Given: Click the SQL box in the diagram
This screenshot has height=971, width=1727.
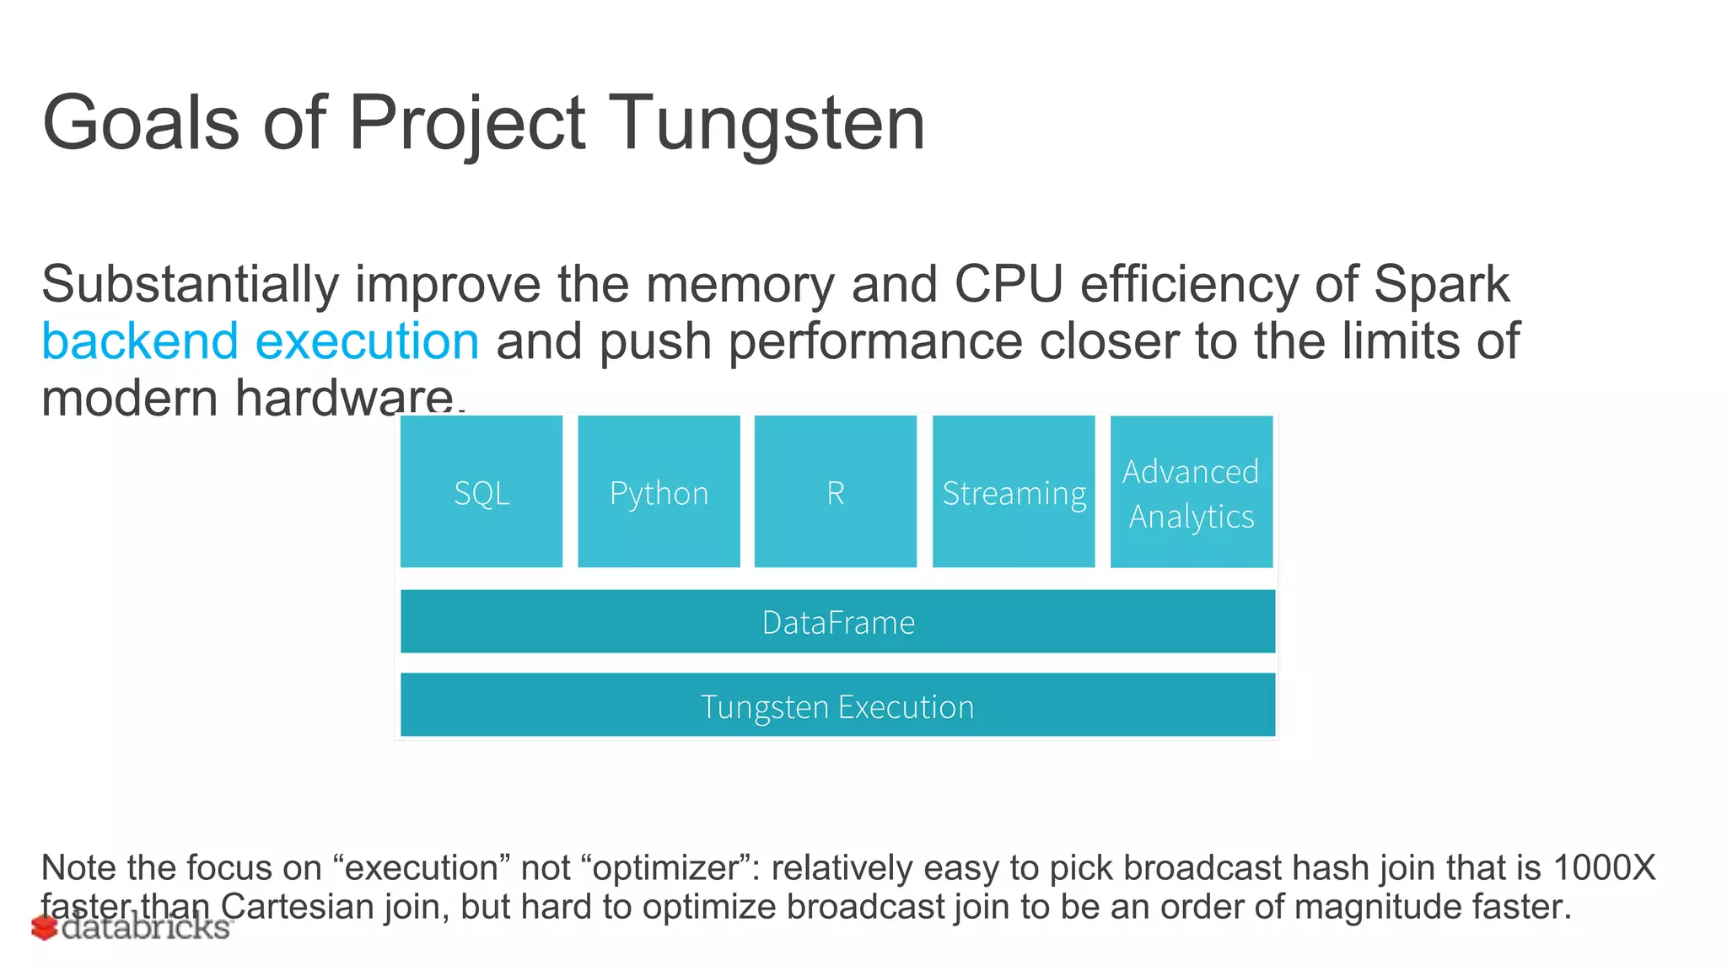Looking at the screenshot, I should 482,491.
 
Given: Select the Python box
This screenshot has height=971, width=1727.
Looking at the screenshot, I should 659,491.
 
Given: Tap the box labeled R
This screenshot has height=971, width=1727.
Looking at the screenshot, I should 835,491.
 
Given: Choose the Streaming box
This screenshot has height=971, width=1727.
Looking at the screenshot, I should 1014,491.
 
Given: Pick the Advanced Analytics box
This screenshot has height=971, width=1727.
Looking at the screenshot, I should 1191,493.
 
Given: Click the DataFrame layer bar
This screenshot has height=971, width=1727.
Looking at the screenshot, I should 837,622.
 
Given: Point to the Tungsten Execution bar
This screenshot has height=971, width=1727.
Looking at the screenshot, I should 837,705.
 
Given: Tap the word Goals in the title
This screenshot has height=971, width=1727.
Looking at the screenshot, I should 141,123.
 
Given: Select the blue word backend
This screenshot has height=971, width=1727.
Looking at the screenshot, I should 140,341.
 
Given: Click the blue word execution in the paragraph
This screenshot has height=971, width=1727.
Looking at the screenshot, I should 367,341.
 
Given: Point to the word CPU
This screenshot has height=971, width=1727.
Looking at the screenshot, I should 1008,284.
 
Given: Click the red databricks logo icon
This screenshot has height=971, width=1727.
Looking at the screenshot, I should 44,928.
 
